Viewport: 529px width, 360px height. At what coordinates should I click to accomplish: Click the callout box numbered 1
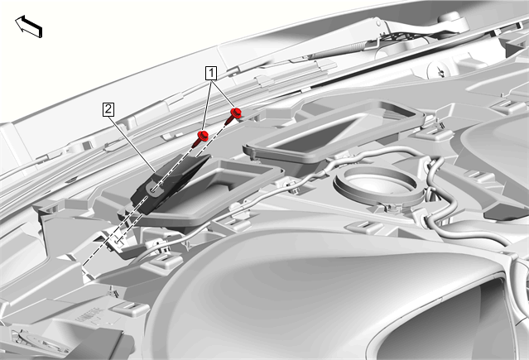[x=211, y=73]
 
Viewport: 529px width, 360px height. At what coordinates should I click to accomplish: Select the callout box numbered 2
[x=108, y=109]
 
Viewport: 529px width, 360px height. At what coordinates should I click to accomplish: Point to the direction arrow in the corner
[x=29, y=26]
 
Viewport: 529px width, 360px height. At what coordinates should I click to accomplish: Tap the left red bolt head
[x=203, y=136]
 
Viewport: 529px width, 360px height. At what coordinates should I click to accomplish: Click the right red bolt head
[x=236, y=113]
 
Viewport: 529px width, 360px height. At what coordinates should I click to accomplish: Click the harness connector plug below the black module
[x=133, y=251]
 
